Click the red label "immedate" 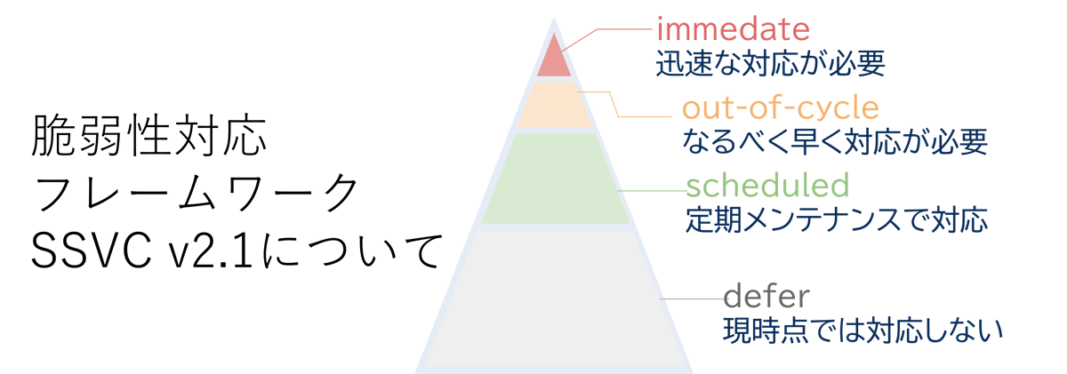[733, 29]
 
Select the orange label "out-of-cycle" [781, 108]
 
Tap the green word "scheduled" [767, 186]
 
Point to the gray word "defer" [766, 297]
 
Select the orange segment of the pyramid [554, 105]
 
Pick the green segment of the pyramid [555, 179]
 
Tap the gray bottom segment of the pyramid [555, 299]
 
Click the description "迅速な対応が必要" [771, 63]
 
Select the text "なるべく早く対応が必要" [835, 142]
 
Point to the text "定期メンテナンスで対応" [837, 219]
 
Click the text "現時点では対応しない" [863, 330]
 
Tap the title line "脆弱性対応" [149, 136]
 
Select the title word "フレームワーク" [196, 193]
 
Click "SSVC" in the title [92, 251]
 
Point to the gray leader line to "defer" [692, 298]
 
